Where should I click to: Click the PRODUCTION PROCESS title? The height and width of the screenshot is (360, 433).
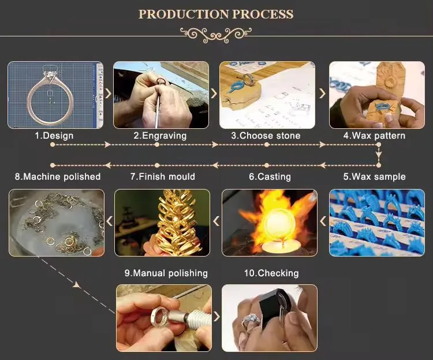click(x=216, y=14)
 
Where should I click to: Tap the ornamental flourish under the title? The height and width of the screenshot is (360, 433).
click(x=216, y=34)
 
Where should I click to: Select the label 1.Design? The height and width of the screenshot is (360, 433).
click(x=54, y=136)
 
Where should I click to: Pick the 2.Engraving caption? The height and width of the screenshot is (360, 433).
click(x=160, y=136)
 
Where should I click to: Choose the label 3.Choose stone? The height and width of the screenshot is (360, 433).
click(x=266, y=136)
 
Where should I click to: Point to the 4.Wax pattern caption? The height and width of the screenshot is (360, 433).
click(x=374, y=136)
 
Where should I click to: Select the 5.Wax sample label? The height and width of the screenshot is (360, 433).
click(x=374, y=177)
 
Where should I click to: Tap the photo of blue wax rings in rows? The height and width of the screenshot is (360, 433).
click(x=376, y=222)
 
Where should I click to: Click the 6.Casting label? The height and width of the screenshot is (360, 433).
click(x=270, y=177)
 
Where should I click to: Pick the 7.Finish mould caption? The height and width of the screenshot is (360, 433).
click(x=162, y=177)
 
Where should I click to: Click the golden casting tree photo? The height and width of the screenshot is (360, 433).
click(x=162, y=222)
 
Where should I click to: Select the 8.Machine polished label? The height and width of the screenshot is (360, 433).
click(x=58, y=177)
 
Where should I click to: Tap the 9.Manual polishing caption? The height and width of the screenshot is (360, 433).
click(x=166, y=273)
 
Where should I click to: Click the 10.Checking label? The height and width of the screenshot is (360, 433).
click(x=271, y=273)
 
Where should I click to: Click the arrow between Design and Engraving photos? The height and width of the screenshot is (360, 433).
click(x=108, y=94)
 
